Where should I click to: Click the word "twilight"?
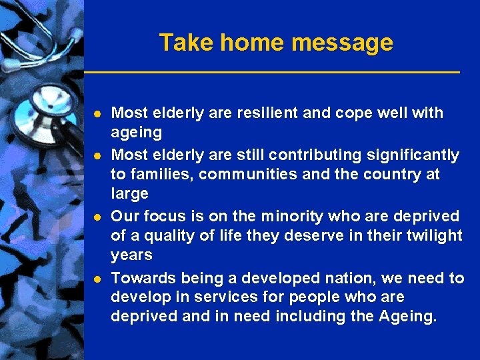(435, 235)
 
